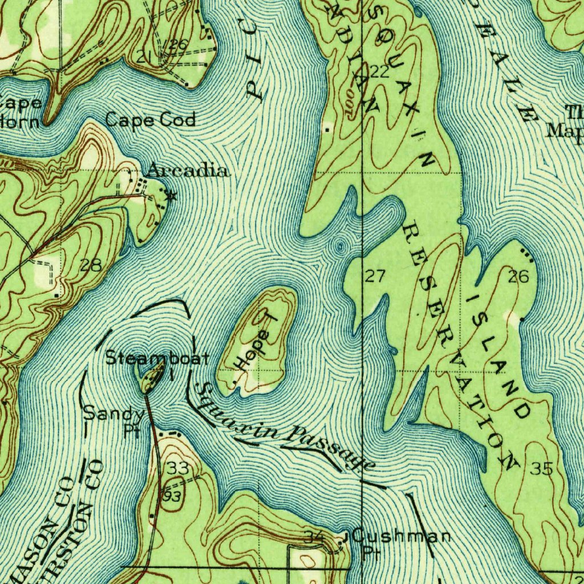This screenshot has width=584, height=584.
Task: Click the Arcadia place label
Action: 189,171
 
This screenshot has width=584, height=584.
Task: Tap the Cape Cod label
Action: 151,120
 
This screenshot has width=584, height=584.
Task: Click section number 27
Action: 375,277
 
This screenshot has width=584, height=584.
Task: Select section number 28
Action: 91,265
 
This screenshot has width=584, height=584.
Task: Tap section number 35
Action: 541,469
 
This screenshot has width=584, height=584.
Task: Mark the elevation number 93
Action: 172,496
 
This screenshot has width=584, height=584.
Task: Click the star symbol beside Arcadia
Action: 170,196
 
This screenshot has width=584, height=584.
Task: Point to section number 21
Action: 143,56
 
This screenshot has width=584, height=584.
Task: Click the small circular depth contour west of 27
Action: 340,246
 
